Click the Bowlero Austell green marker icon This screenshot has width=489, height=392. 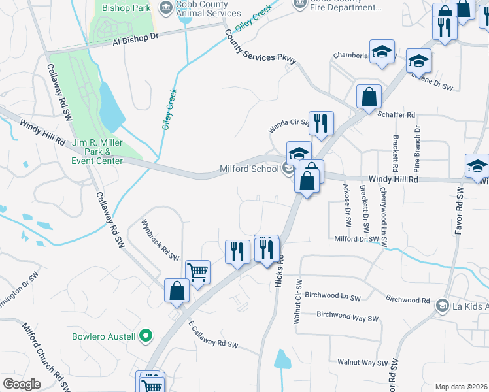click(146, 336)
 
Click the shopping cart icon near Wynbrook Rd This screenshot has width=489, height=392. click(197, 271)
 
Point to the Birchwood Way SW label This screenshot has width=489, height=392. click(347, 316)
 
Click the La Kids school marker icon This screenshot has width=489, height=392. click(443, 305)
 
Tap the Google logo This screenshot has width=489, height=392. click(22, 384)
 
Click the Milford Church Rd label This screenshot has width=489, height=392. click(46, 355)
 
